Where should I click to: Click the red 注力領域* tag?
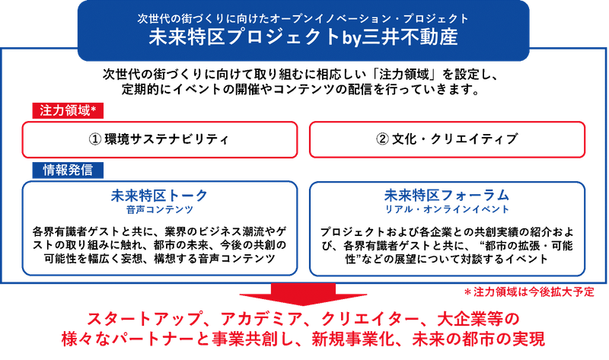click(68, 110)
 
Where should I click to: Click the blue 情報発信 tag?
click(68, 170)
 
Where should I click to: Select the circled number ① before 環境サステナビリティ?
click(95, 139)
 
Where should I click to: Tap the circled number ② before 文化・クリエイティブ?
click(383, 139)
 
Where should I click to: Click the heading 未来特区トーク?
click(160, 196)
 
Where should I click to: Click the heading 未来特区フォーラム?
click(447, 195)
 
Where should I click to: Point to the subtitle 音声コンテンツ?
click(160, 210)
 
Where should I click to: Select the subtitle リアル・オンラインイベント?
click(447, 209)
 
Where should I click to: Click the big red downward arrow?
click(303, 294)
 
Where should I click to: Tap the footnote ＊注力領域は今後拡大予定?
click(529, 292)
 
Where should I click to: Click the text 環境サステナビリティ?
click(167, 139)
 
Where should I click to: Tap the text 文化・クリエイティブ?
click(454, 139)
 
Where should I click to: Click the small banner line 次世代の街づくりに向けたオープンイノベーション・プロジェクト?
click(303, 18)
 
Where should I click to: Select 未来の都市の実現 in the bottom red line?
click(479, 339)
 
